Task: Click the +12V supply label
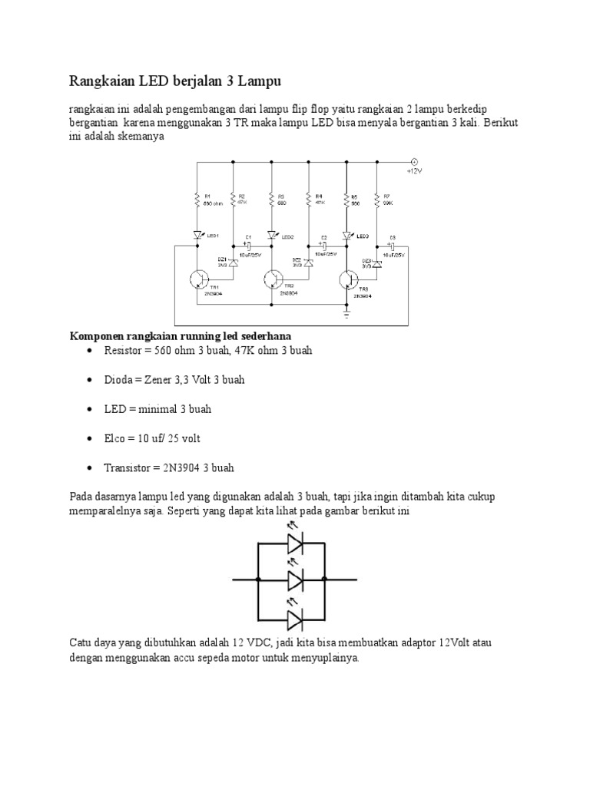415,171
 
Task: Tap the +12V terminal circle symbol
414,162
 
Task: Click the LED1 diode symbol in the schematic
198,235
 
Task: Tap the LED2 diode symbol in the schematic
272,235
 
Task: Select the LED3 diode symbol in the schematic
347,235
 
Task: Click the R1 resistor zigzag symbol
198,201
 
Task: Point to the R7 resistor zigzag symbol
377,201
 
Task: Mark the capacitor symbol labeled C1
248,246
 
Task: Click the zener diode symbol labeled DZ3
377,263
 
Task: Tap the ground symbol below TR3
347,314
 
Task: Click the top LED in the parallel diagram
297,544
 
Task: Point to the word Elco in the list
114,438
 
